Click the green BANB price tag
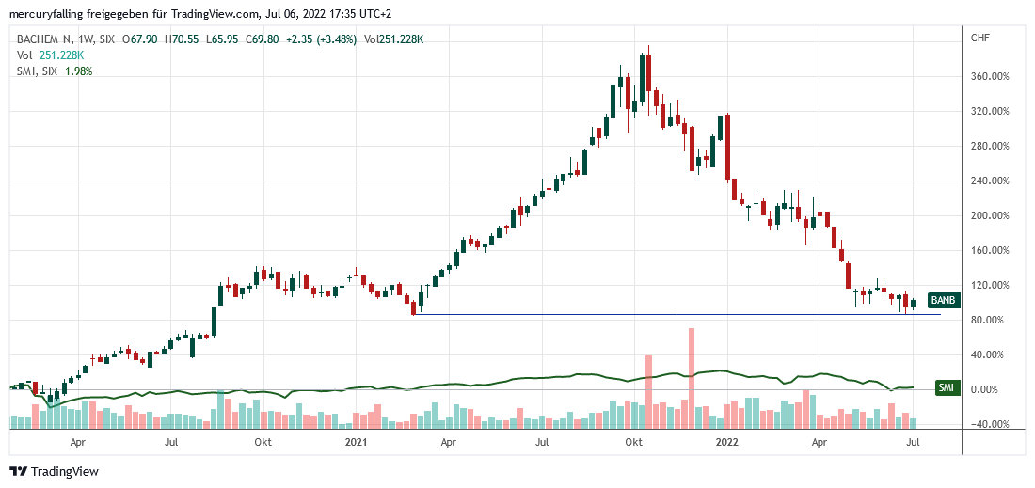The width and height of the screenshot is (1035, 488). pos(943,301)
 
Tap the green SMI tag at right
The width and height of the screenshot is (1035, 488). pos(946,387)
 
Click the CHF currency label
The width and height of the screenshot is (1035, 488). pos(979,39)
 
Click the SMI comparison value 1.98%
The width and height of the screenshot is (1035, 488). pos(78,71)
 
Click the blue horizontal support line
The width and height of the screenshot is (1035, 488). pos(659,314)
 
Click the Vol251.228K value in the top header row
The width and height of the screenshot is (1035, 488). pos(393,39)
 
